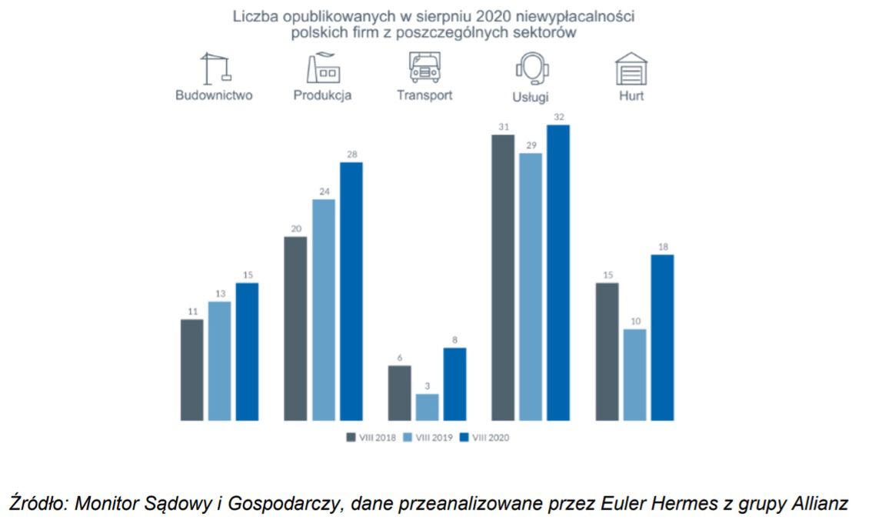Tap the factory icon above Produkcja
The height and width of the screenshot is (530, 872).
coord(323,68)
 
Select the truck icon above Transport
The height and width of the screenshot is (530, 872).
coord(424,68)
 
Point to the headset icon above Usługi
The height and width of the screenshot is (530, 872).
coord(531,69)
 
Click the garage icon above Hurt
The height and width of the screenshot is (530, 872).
coord(631,68)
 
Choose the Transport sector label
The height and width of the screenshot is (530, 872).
coord(424,95)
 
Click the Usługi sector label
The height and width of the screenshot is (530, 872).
coord(531,98)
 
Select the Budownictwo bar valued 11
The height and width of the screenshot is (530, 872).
coord(191,370)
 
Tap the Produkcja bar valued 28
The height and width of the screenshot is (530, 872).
coord(351,292)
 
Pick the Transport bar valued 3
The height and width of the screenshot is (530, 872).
coord(428,407)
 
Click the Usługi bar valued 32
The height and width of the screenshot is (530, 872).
coord(558,272)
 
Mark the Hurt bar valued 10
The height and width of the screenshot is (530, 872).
coord(634,375)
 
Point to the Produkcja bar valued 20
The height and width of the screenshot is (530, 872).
coord(295,328)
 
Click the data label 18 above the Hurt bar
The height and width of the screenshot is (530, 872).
coord(662,247)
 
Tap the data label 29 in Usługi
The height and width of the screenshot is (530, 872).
coord(531,145)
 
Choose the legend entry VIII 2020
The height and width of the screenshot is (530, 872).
coord(484,438)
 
